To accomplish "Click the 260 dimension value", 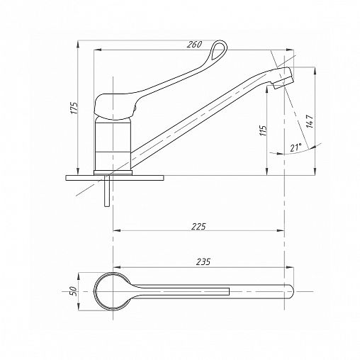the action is [x=195, y=44].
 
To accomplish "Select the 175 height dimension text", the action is [x=74, y=108].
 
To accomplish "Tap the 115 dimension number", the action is [x=263, y=130].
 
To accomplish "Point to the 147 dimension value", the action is [x=310, y=121].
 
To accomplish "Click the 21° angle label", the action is [x=296, y=147].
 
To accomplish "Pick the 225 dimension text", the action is [x=198, y=226].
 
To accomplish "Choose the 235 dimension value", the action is [x=203, y=261].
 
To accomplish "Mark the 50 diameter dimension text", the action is [x=74, y=291].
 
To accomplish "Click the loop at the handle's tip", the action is [x=218, y=50].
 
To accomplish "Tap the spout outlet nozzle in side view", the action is [x=283, y=81].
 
